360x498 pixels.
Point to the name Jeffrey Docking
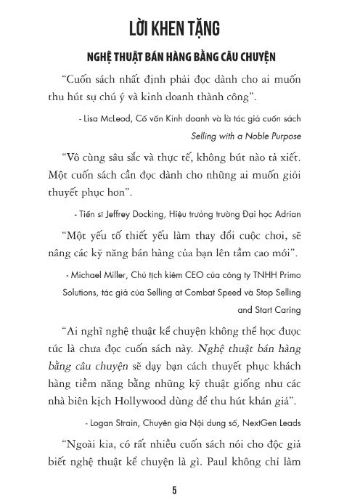point(137,215)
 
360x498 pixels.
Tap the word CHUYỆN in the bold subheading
point(249,57)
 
